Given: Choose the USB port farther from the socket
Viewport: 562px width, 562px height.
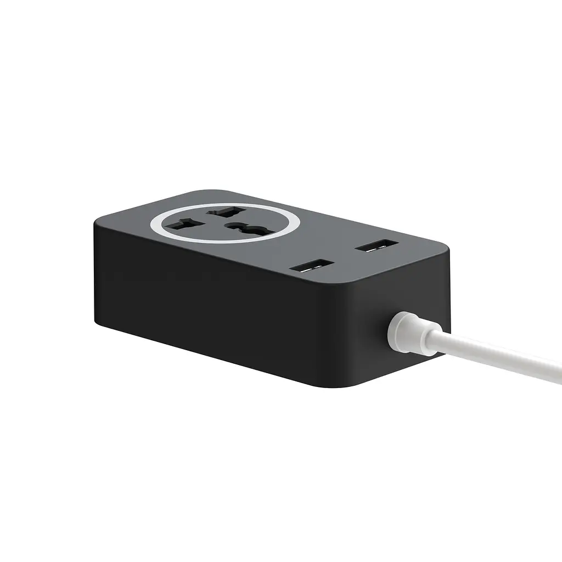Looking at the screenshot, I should point(377,245).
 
